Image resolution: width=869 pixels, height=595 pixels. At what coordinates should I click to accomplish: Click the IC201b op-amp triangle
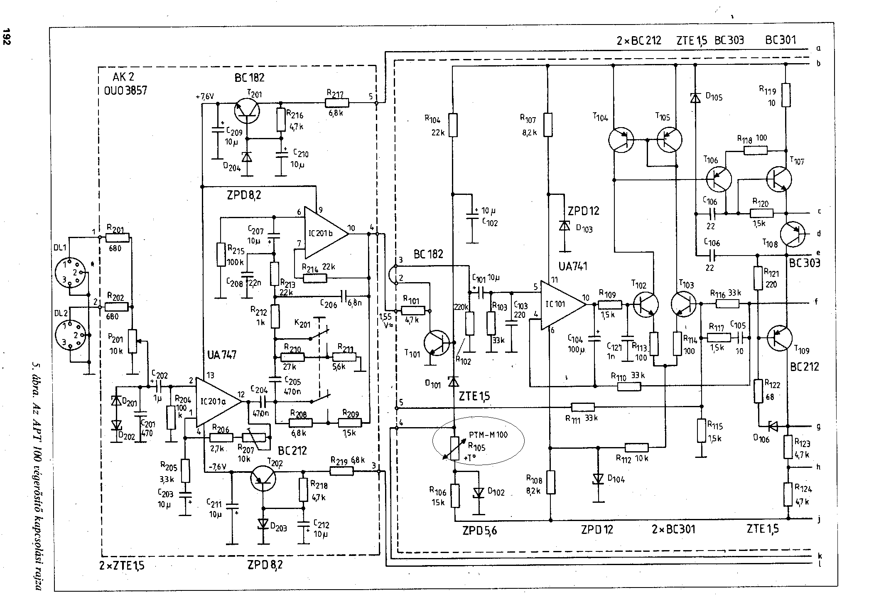point(324,233)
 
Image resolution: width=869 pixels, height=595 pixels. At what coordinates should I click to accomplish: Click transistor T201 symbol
point(247,111)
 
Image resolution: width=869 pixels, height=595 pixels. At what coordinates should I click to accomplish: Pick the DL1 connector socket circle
point(70,273)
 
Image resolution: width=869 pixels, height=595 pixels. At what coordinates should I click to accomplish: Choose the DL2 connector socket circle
point(71,335)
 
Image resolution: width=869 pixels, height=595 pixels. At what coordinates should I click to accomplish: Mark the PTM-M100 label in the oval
point(488,435)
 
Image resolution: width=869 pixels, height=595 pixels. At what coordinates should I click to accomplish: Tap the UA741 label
point(573,266)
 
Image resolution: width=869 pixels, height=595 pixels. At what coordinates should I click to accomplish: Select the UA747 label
point(221,354)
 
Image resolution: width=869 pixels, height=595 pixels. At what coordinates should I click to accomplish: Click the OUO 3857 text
point(125,90)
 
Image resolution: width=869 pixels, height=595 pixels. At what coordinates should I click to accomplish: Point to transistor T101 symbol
point(437,343)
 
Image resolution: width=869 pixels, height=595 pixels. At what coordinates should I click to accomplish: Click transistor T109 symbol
point(780,338)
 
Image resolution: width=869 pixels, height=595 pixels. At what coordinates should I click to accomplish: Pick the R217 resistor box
point(337,103)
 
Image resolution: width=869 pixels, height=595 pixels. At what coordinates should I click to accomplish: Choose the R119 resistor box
point(786,95)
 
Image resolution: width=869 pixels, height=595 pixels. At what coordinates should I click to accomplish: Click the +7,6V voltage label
point(204,96)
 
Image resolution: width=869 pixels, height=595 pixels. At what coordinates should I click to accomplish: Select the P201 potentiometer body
point(132,341)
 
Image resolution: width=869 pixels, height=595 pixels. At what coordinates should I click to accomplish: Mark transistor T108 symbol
point(792,234)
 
